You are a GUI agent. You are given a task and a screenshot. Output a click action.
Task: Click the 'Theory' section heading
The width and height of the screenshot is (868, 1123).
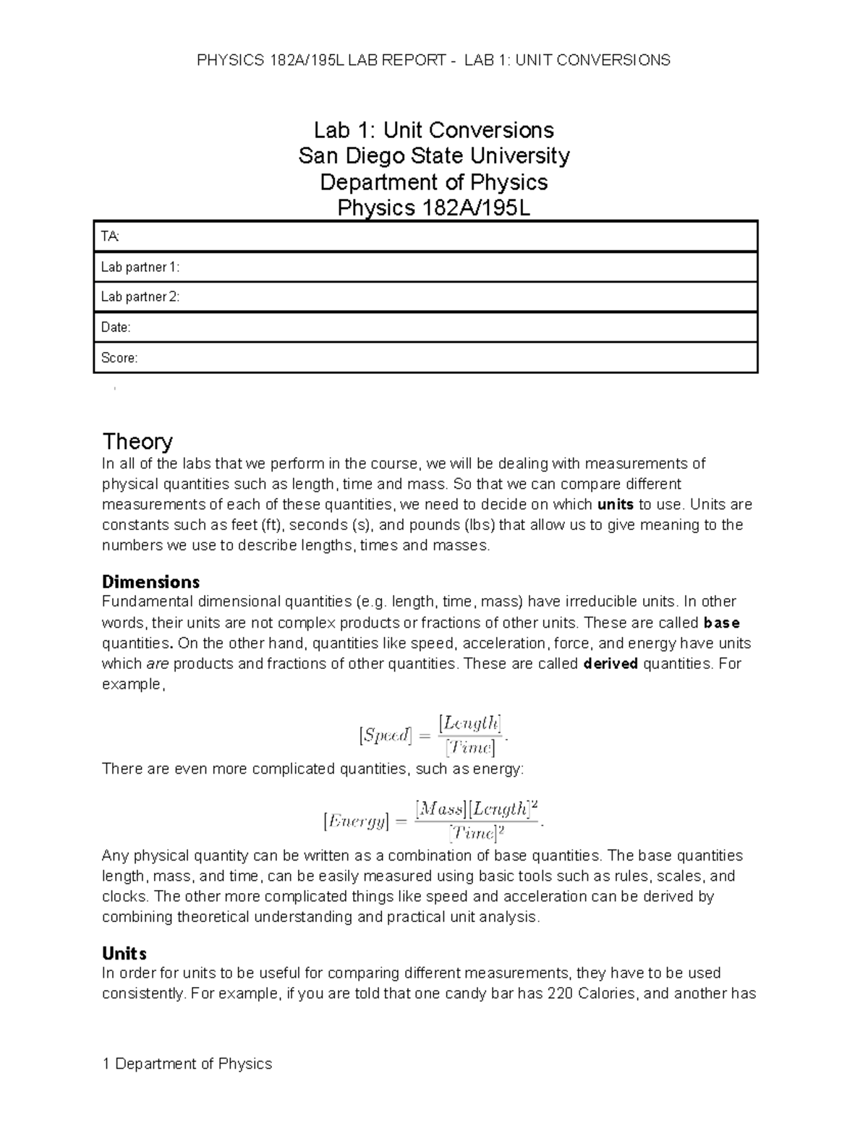(x=137, y=441)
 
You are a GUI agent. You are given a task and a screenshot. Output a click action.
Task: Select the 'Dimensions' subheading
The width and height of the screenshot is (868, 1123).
(x=150, y=581)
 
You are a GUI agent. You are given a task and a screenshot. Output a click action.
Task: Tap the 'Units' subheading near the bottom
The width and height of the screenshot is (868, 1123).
(x=124, y=953)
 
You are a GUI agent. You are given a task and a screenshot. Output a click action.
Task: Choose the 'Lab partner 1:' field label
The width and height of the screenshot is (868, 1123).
(x=140, y=267)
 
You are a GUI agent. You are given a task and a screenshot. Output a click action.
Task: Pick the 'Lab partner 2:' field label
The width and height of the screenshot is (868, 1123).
(x=140, y=297)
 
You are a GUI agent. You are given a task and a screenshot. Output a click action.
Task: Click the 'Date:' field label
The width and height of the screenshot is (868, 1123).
(x=116, y=328)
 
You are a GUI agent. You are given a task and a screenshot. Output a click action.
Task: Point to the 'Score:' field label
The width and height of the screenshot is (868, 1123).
(x=119, y=358)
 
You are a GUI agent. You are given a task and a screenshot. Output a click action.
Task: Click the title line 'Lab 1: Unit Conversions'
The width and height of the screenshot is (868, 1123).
(x=433, y=130)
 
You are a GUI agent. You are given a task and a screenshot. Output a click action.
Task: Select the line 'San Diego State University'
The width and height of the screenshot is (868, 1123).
(x=433, y=156)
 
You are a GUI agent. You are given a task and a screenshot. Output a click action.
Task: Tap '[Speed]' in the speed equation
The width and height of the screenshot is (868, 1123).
(x=385, y=735)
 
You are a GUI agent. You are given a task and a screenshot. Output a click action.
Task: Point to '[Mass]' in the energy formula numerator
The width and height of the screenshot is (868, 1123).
(x=441, y=809)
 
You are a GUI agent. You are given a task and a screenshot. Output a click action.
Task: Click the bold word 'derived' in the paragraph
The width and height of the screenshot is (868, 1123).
(x=610, y=664)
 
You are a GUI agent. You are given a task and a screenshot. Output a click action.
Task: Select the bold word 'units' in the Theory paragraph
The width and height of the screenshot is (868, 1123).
(x=614, y=505)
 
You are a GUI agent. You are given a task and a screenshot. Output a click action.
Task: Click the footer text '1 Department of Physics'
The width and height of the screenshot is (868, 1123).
(x=187, y=1064)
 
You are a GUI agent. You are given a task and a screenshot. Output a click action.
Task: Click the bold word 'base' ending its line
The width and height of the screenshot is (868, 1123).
(x=721, y=623)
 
